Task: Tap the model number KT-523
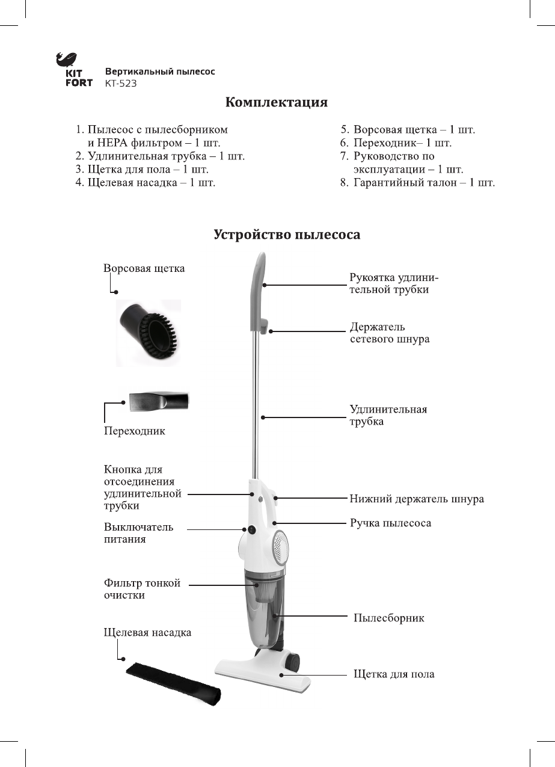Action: (x=120, y=84)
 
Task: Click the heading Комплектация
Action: (x=277, y=102)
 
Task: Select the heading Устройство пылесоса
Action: (x=287, y=235)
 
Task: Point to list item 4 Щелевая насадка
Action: (x=146, y=182)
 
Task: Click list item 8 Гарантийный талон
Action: (x=419, y=182)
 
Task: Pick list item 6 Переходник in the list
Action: (x=396, y=143)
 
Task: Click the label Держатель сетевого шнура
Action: (x=389, y=333)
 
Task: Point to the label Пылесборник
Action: (x=388, y=618)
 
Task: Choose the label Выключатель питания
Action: (x=138, y=533)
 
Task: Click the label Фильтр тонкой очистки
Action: (x=142, y=589)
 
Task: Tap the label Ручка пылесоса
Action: (x=390, y=523)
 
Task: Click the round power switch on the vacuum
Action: (x=251, y=531)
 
